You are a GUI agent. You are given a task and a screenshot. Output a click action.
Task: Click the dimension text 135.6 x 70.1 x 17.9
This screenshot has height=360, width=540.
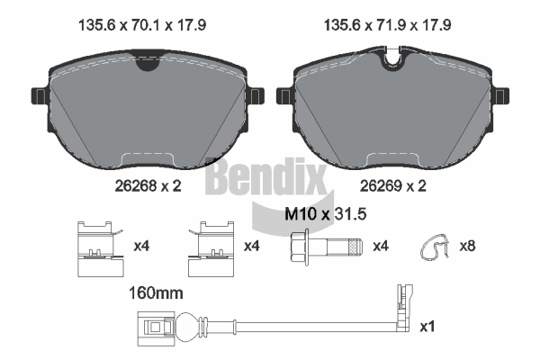click(142, 25)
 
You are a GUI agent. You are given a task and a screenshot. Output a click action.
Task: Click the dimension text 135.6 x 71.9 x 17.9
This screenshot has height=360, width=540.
click(387, 25)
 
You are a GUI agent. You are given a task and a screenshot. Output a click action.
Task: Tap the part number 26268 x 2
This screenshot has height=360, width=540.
click(148, 186)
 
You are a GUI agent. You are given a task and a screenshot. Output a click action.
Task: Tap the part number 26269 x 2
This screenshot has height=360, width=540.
click(393, 186)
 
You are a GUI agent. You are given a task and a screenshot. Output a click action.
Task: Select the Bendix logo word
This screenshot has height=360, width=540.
click(265, 175)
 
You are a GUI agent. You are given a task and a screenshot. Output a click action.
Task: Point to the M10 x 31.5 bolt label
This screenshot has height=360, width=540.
click(326, 214)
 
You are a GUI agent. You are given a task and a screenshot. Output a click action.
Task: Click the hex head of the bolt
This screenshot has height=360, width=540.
click(299, 247)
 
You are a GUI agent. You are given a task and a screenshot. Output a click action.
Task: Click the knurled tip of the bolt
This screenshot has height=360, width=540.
click(355, 247)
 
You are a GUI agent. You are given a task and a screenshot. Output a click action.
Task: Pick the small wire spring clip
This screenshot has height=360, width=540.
click(435, 247)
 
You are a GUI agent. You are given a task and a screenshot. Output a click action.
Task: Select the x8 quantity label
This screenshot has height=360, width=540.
click(467, 246)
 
